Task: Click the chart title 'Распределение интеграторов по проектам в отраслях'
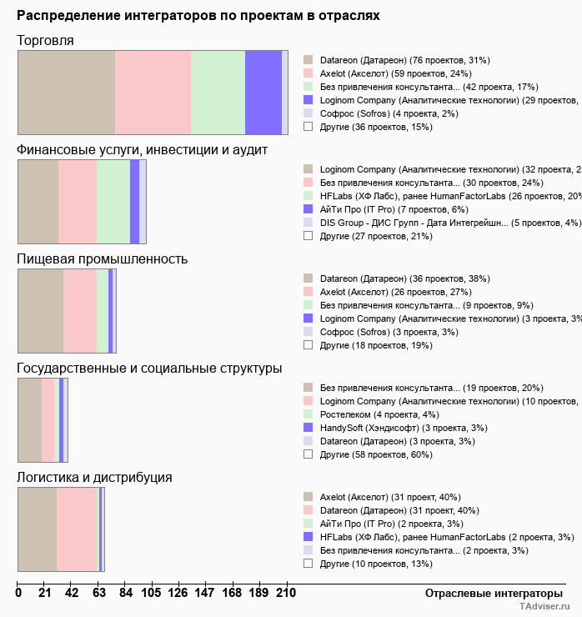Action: click(x=198, y=16)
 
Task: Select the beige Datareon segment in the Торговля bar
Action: click(x=66, y=92)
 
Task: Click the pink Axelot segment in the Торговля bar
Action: click(x=153, y=92)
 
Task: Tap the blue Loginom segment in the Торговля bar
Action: click(x=263, y=92)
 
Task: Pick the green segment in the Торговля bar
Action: click(x=218, y=92)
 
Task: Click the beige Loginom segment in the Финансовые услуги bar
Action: click(x=38, y=201)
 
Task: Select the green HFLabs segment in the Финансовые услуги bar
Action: click(x=113, y=201)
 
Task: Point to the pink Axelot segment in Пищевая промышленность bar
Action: click(x=80, y=311)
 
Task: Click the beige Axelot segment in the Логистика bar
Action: click(x=37, y=529)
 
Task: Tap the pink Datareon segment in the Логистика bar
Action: click(x=77, y=529)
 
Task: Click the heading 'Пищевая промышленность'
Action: click(x=102, y=258)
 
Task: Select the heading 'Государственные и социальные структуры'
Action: click(x=149, y=368)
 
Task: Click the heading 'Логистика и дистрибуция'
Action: click(x=94, y=477)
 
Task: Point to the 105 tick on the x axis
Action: click(x=152, y=594)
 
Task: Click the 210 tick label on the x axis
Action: click(x=286, y=594)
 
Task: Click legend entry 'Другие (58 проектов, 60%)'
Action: click(x=372, y=454)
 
